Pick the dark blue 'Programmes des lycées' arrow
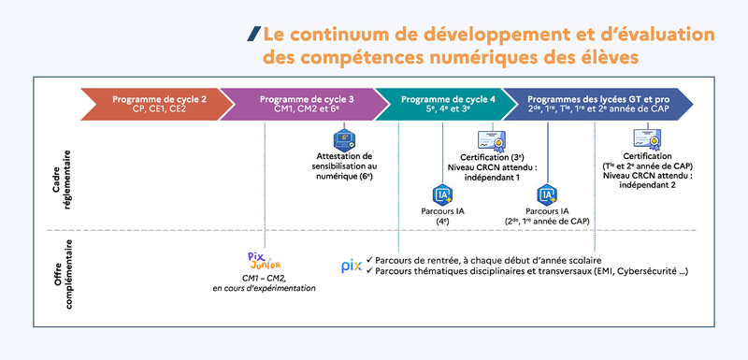pyautogui.click(x=598, y=103)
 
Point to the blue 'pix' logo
pyautogui.click(x=351, y=266)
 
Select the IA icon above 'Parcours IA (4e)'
pyautogui.click(x=442, y=194)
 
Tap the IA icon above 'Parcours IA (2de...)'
pyautogui.click(x=547, y=194)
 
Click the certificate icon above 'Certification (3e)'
pyautogui.click(x=492, y=140)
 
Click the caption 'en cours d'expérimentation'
pyautogui.click(x=264, y=288)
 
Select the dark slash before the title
pyautogui.click(x=254, y=35)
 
